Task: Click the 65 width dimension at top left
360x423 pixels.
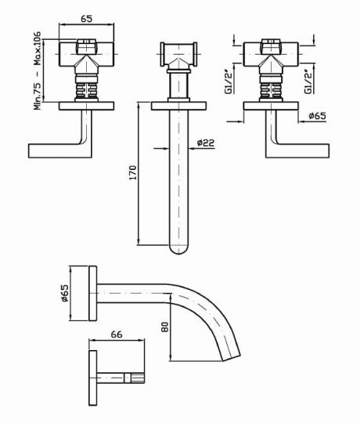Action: point(87,18)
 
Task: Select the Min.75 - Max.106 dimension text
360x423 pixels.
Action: point(38,70)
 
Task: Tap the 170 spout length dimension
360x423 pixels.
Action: point(133,172)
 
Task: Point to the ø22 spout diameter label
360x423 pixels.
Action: point(206,143)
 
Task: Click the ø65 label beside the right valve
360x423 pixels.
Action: point(318,116)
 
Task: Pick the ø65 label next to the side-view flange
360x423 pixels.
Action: point(65,293)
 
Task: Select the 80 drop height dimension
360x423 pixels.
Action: point(164,327)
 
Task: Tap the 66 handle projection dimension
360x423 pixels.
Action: point(117,334)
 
